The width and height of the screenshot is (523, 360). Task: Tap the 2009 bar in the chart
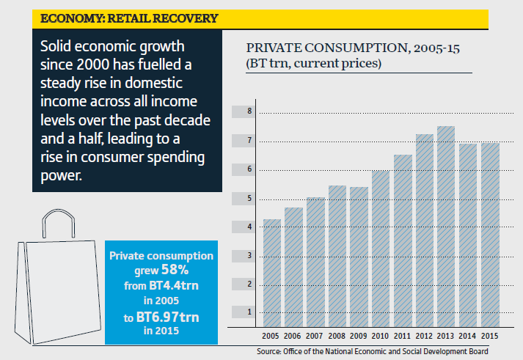(359, 256)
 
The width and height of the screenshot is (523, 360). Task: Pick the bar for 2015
(489, 234)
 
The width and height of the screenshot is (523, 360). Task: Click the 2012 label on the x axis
(425, 335)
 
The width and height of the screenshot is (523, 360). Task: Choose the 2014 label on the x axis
(468, 335)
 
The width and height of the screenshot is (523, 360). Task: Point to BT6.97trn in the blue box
(162, 316)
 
